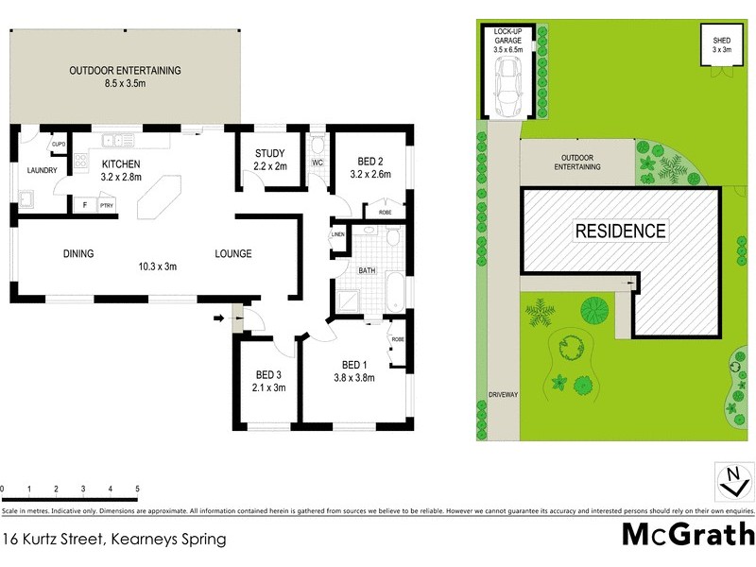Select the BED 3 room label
click(269, 374)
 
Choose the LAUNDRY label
click(42, 171)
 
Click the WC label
click(317, 163)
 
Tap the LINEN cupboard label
click(337, 235)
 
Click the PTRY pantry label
click(106, 205)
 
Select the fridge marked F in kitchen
click(84, 205)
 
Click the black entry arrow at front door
click(220, 318)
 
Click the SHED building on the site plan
click(721, 44)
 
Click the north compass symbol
click(730, 481)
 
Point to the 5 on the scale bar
click(138, 489)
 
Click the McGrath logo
click(687, 535)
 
